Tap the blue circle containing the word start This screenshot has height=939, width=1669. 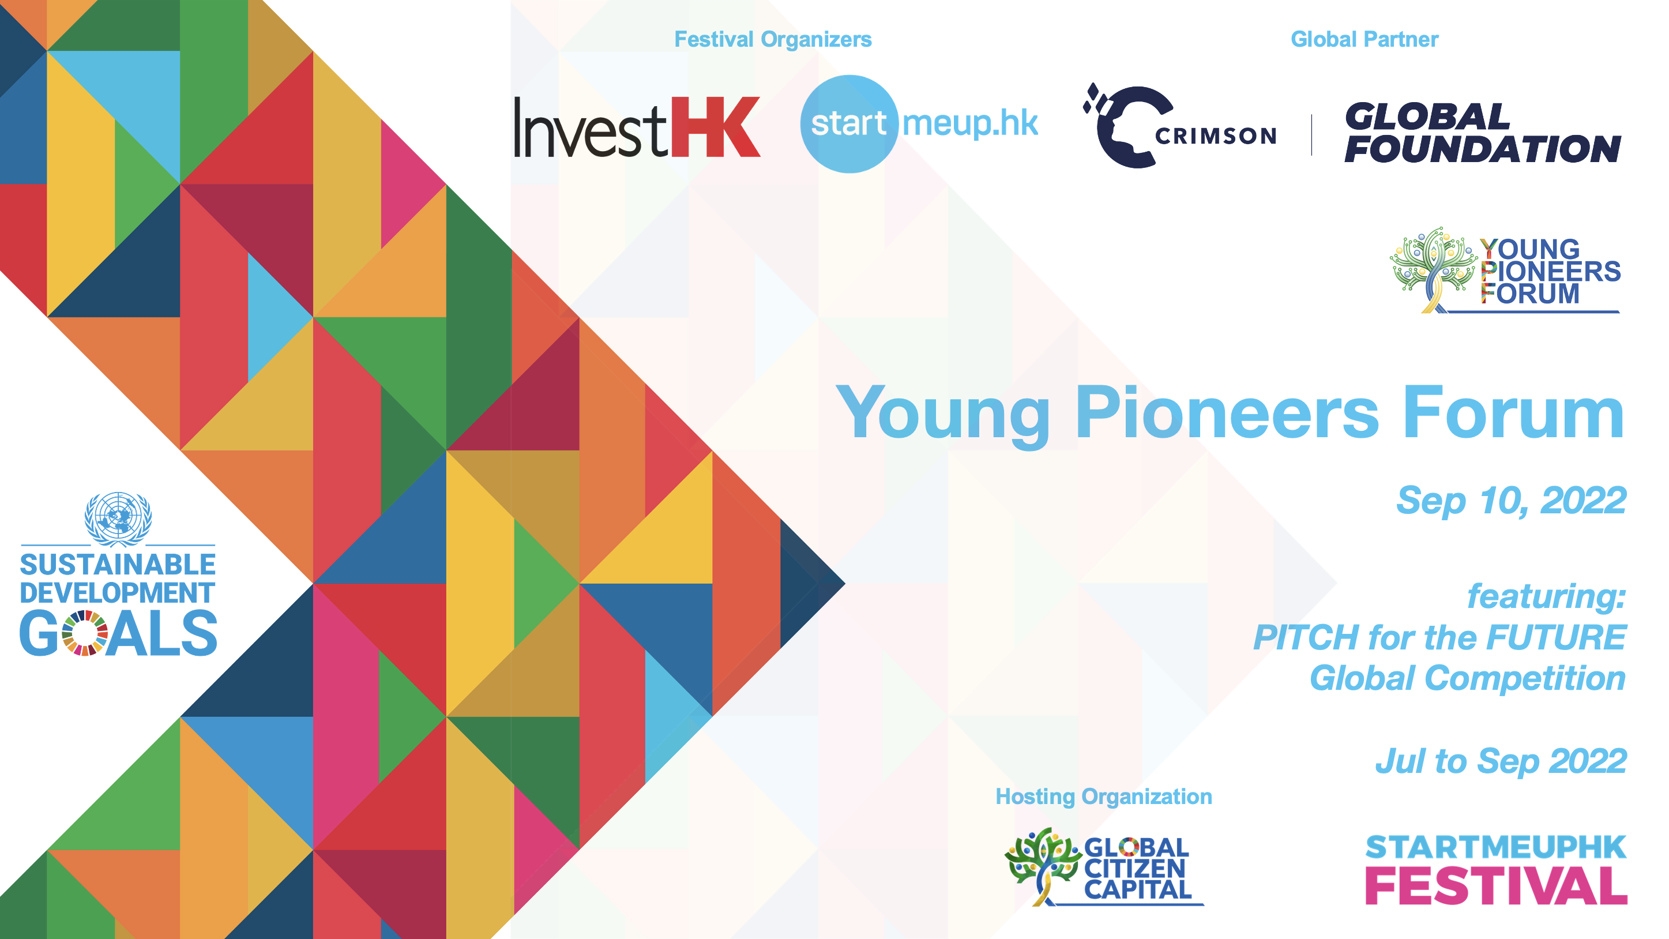coord(849,124)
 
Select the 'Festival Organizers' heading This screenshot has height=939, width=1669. coord(773,40)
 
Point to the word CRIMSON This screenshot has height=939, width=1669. coord(1216,136)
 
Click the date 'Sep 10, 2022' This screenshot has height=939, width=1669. coord(1511,500)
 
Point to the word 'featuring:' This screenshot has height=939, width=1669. coord(1547,596)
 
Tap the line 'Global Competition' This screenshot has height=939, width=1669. coord(1468,678)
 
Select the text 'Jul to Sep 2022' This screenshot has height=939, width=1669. coord(1501,761)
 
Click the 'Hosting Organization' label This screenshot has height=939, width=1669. coord(1103,797)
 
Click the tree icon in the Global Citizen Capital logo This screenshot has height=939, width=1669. coord(1042,866)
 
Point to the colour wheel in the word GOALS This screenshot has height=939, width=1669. coord(85,633)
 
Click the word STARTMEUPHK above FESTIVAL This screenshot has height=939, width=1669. coord(1496,847)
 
